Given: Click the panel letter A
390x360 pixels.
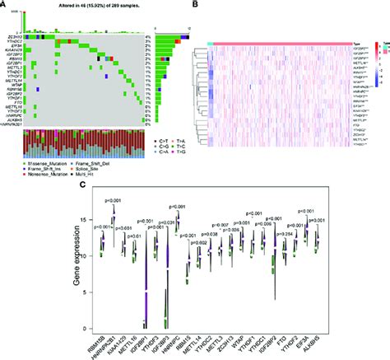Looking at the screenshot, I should tap(4, 6).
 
